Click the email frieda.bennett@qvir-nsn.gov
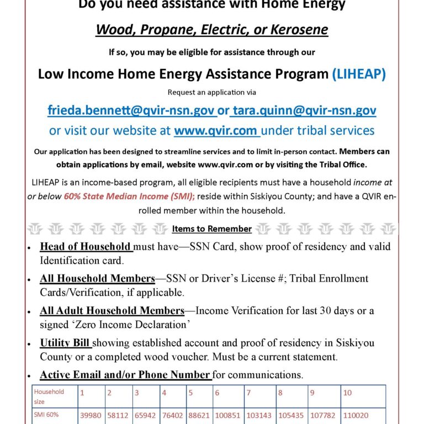click(x=131, y=110)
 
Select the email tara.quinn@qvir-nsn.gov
click(x=304, y=110)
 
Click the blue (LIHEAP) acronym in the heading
click(x=359, y=74)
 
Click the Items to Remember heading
click(x=212, y=229)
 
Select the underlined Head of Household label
click(x=86, y=247)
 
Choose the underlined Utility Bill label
click(x=66, y=343)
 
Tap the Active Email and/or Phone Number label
click(x=125, y=375)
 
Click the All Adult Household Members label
click(x=112, y=311)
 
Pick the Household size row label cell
click(x=49, y=396)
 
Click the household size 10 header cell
click(x=348, y=393)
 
